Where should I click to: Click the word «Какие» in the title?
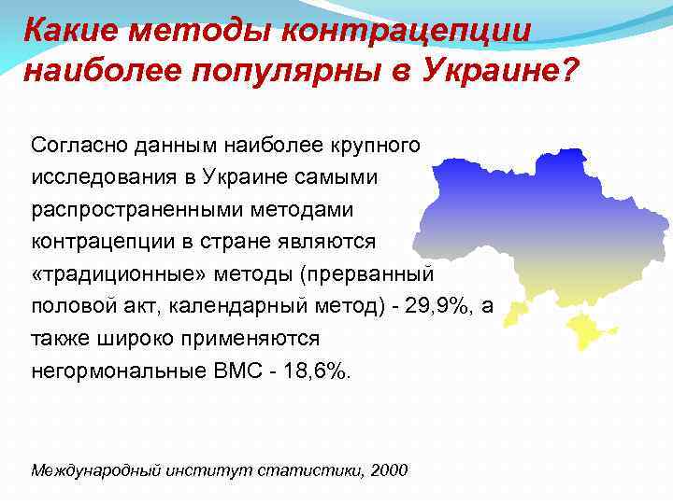coord(70,29)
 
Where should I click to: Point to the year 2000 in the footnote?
coord(389,469)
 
